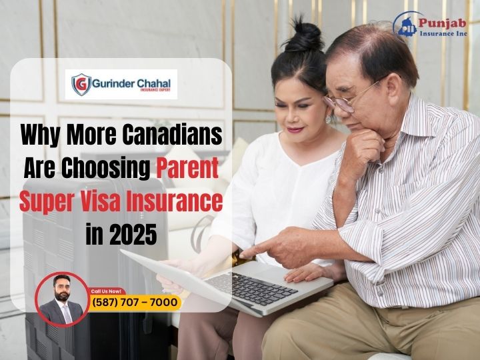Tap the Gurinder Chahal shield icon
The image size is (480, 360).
(x=81, y=85)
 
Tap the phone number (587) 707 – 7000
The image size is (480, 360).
(x=135, y=303)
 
